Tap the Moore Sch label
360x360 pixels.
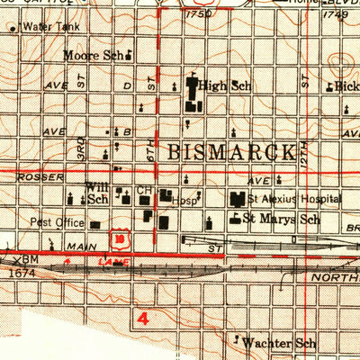click(x=92, y=56)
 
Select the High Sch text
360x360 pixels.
click(x=225, y=86)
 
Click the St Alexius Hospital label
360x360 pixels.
click(x=295, y=199)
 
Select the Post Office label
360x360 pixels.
click(x=56, y=220)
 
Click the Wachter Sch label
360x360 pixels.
click(x=281, y=343)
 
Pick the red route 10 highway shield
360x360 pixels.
click(x=118, y=238)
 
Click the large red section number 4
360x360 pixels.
click(x=141, y=318)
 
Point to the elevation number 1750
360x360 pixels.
click(x=197, y=14)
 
